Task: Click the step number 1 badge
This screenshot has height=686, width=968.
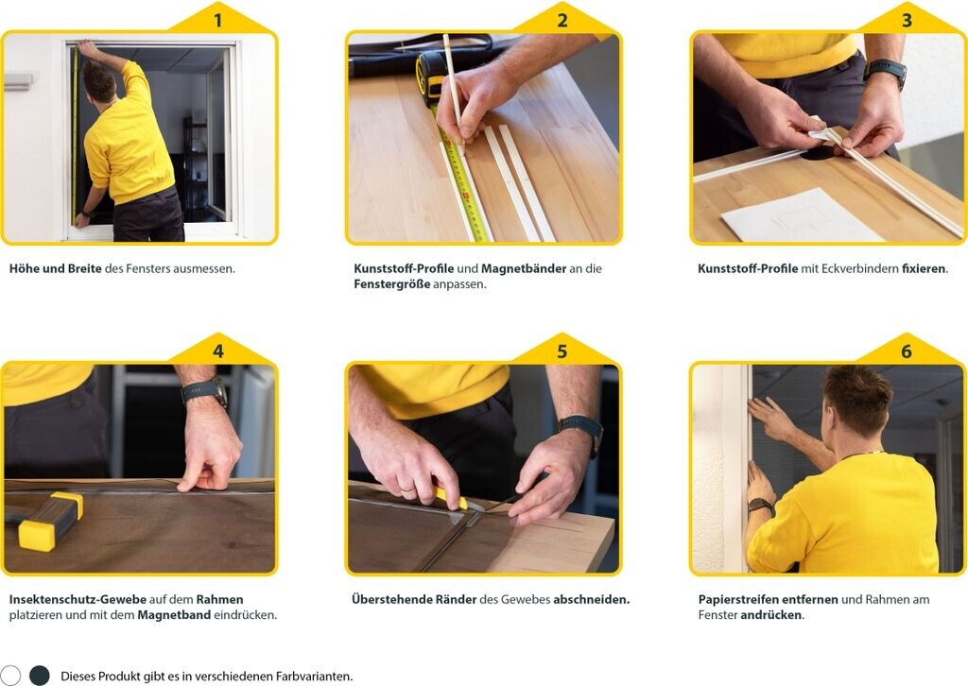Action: tap(217, 21)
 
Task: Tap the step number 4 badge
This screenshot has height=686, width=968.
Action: tap(218, 351)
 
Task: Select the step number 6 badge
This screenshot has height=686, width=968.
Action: tap(907, 351)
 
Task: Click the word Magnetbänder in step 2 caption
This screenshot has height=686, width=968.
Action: tap(524, 268)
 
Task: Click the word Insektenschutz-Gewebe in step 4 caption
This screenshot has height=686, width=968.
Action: tap(78, 599)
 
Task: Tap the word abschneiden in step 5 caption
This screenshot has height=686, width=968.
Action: tap(590, 599)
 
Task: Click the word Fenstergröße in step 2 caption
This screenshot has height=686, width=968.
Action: tap(391, 284)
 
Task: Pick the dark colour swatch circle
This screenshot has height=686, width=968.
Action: tap(40, 675)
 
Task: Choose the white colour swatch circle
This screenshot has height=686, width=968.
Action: tap(9, 675)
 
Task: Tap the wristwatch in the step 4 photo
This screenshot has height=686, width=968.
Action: tap(205, 391)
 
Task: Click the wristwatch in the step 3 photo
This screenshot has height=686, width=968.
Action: tap(886, 72)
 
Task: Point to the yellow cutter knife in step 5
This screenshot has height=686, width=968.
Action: tap(449, 498)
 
